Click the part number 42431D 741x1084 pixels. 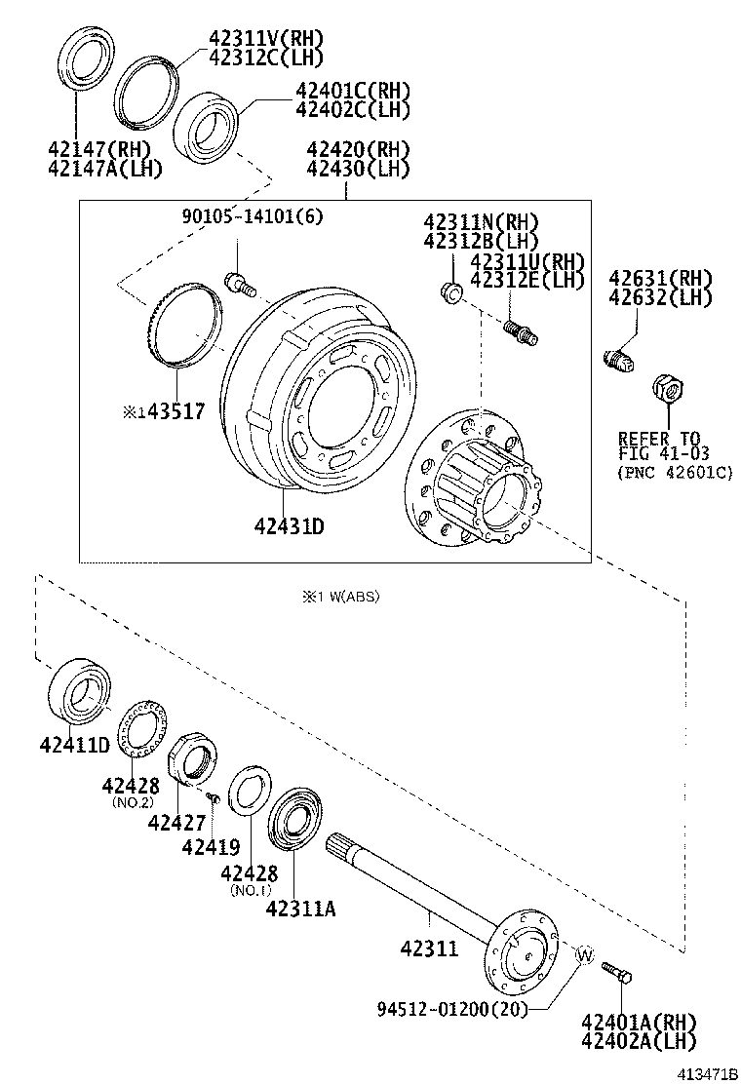289,527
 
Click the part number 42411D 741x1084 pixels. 74,745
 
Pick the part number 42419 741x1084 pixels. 210,847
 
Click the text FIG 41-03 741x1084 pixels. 662,454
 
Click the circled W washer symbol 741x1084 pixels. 583,954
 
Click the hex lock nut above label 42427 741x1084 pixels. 189,761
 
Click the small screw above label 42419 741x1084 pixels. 214,799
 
